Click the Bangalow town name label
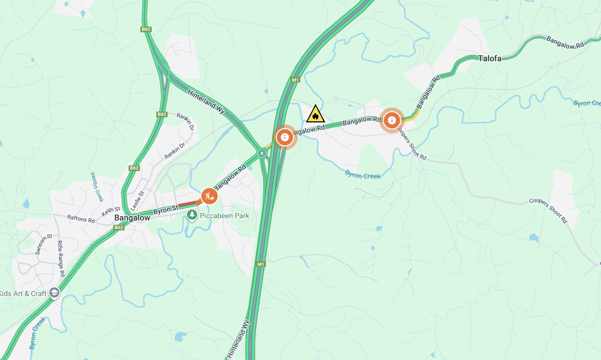click(132, 218)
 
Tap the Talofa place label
click(490, 58)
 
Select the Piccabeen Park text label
click(224, 216)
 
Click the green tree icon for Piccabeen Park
click(192, 215)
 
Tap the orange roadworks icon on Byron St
click(209, 195)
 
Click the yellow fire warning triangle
click(315, 114)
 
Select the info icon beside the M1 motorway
click(284, 137)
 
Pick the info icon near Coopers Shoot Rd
click(391, 120)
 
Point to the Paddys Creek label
click(97, 186)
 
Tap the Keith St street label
click(110, 210)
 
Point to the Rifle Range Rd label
click(61, 259)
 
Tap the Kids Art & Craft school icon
click(54, 293)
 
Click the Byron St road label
click(165, 209)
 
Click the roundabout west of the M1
click(262, 153)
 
